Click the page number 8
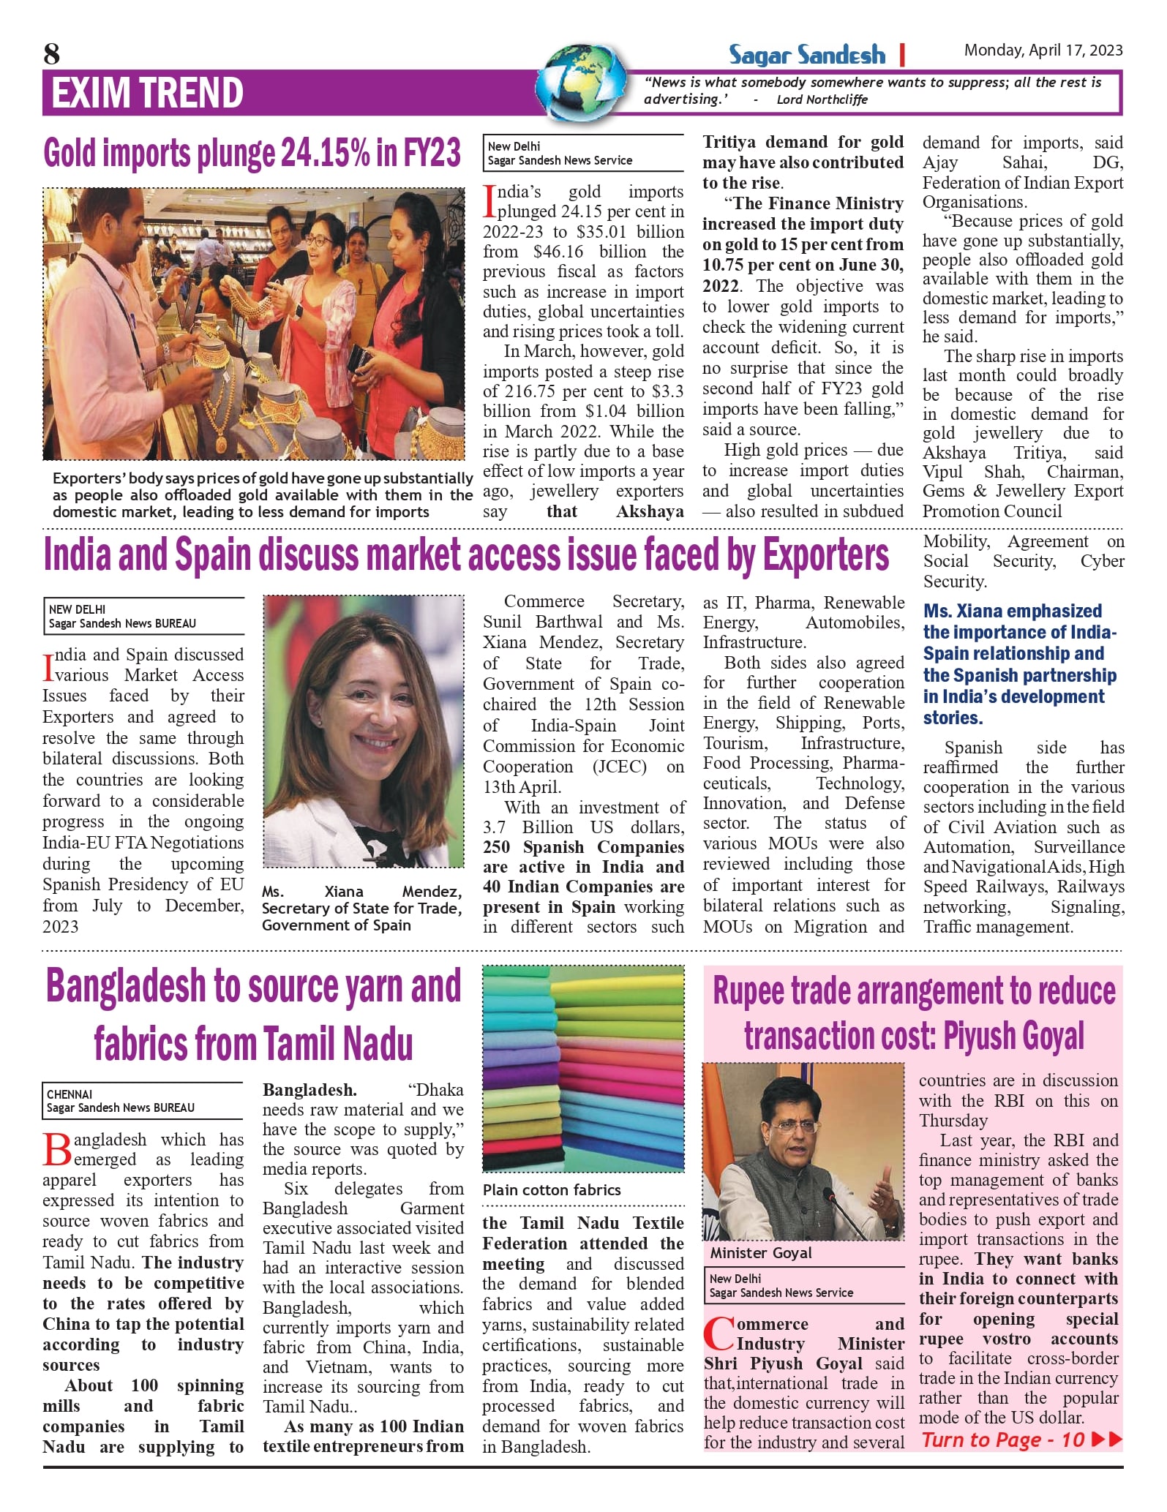[x=51, y=53]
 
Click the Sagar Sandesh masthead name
[x=806, y=55]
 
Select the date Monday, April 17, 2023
[x=1043, y=50]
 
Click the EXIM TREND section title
[x=147, y=93]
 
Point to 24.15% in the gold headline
[x=324, y=153]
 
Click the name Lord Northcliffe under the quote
[x=822, y=99]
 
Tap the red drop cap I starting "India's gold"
[x=489, y=202]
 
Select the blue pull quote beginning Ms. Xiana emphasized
[x=1020, y=664]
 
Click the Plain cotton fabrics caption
[x=551, y=1190]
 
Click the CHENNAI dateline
[x=70, y=1094]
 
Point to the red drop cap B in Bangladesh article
[x=57, y=1149]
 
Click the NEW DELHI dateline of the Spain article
[x=77, y=609]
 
